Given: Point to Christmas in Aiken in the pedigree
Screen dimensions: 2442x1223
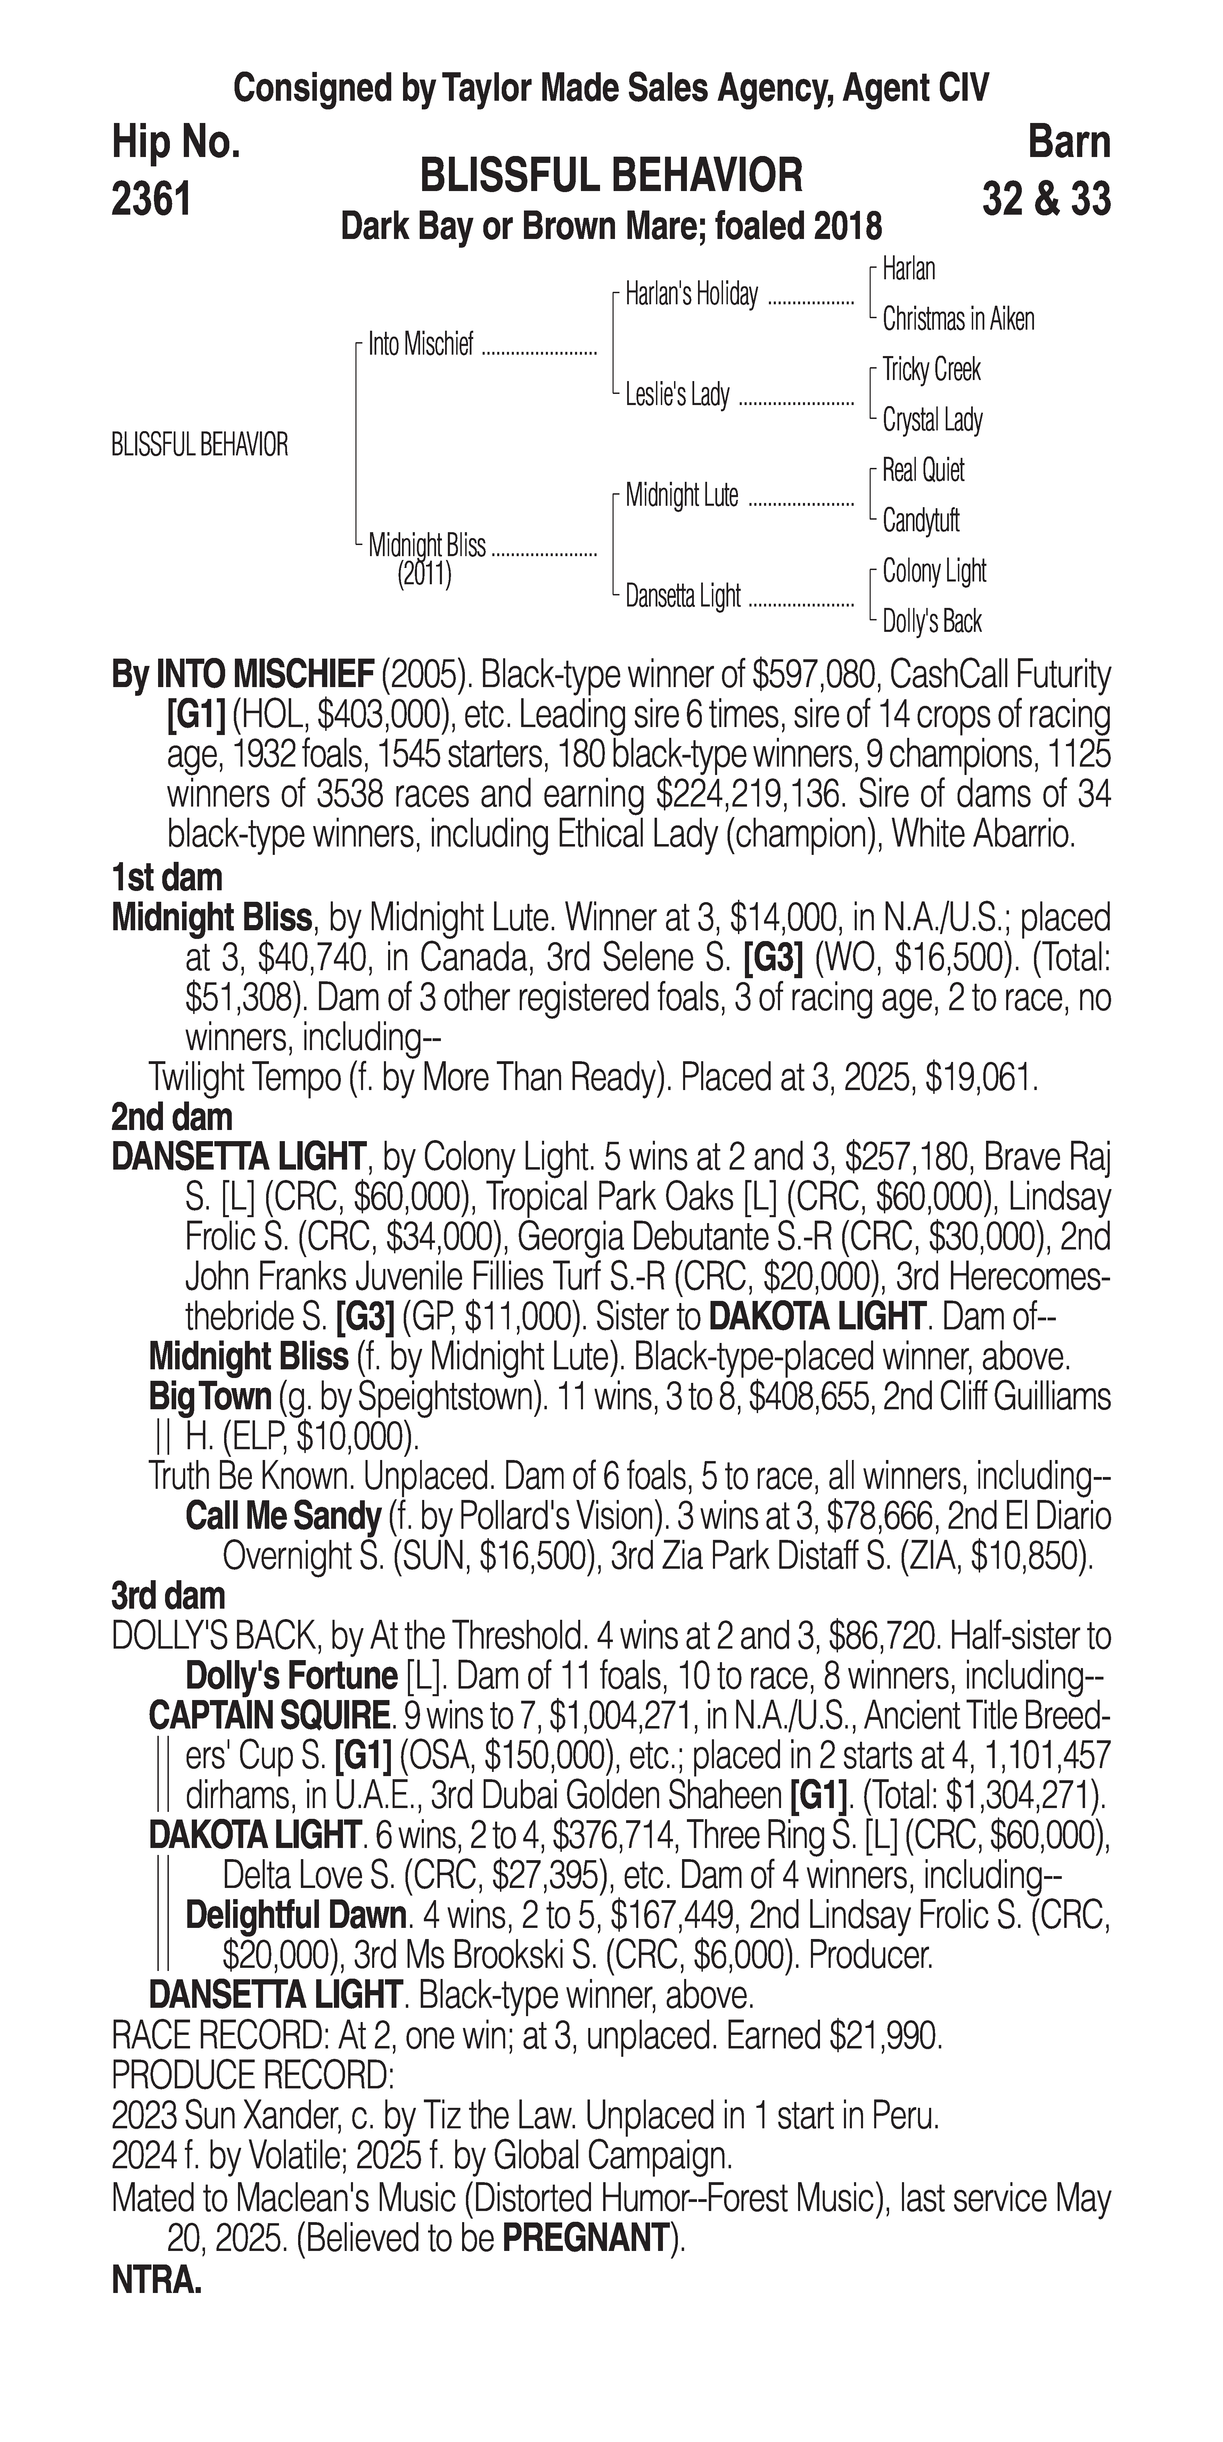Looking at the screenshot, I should pyautogui.click(x=958, y=320).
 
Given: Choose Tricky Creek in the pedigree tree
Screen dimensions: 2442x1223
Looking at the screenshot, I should pyautogui.click(x=931, y=370).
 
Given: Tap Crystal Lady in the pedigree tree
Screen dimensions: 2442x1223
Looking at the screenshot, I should pyautogui.click(x=932, y=420).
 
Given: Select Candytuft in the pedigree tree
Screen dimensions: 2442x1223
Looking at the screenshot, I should pyautogui.click(x=921, y=520).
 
